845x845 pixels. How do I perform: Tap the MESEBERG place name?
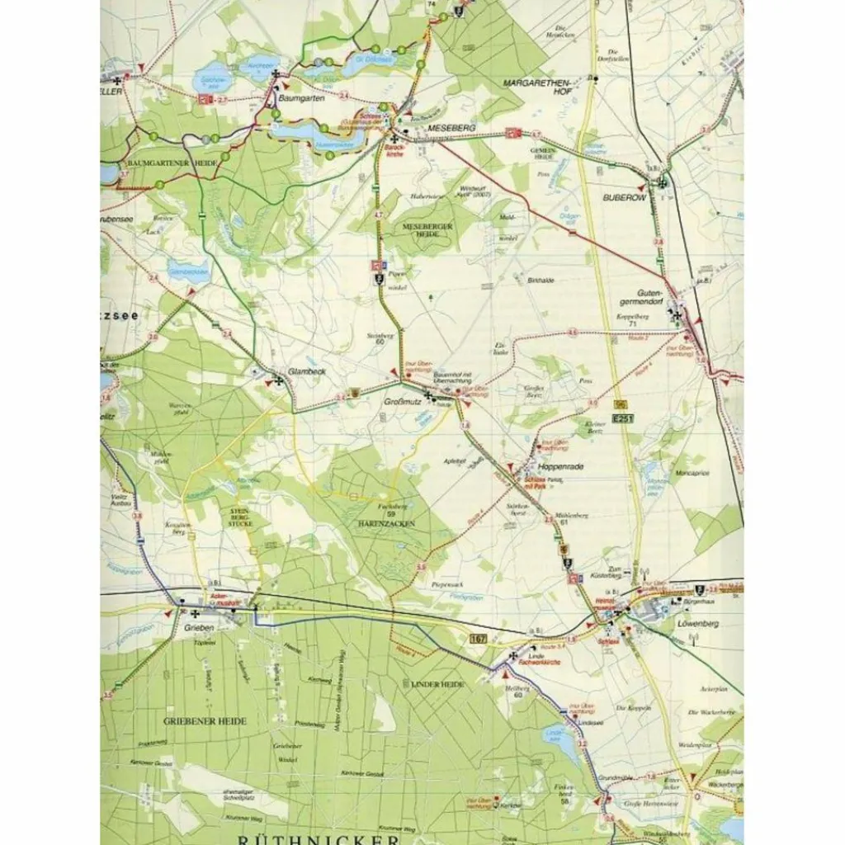click(x=451, y=128)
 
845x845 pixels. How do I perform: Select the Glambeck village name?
click(x=307, y=372)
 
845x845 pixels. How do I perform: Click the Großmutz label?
click(x=403, y=401)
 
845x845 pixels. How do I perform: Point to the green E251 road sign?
click(x=625, y=419)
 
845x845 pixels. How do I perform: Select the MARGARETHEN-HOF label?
click(x=539, y=87)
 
